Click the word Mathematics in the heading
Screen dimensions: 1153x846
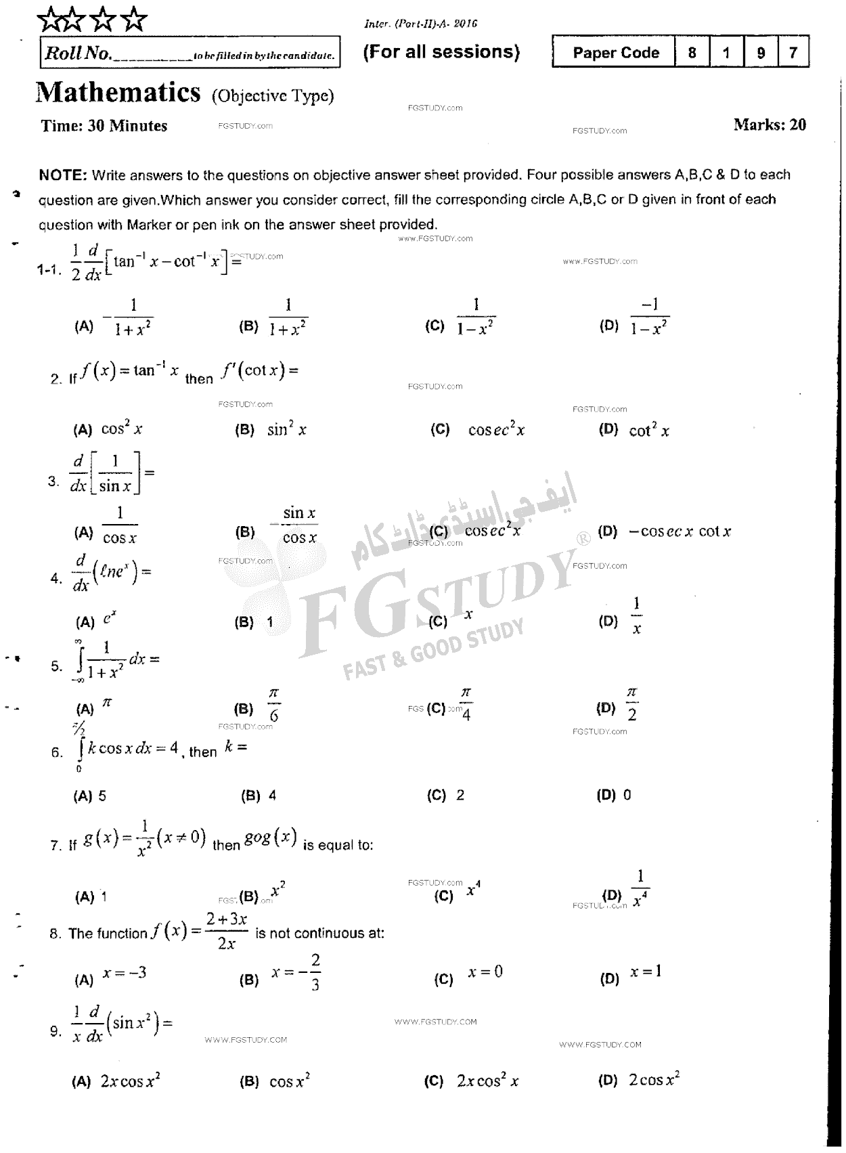pos(118,93)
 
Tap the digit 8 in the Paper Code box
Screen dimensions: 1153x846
pos(692,53)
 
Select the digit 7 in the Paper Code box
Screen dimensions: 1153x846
pos(793,53)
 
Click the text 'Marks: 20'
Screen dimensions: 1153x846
pos(770,125)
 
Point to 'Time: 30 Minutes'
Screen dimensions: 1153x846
pos(104,126)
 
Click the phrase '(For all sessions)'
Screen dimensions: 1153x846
pos(441,52)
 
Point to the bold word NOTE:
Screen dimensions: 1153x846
pos(63,175)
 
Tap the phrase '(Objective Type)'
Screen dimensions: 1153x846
pos(273,96)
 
